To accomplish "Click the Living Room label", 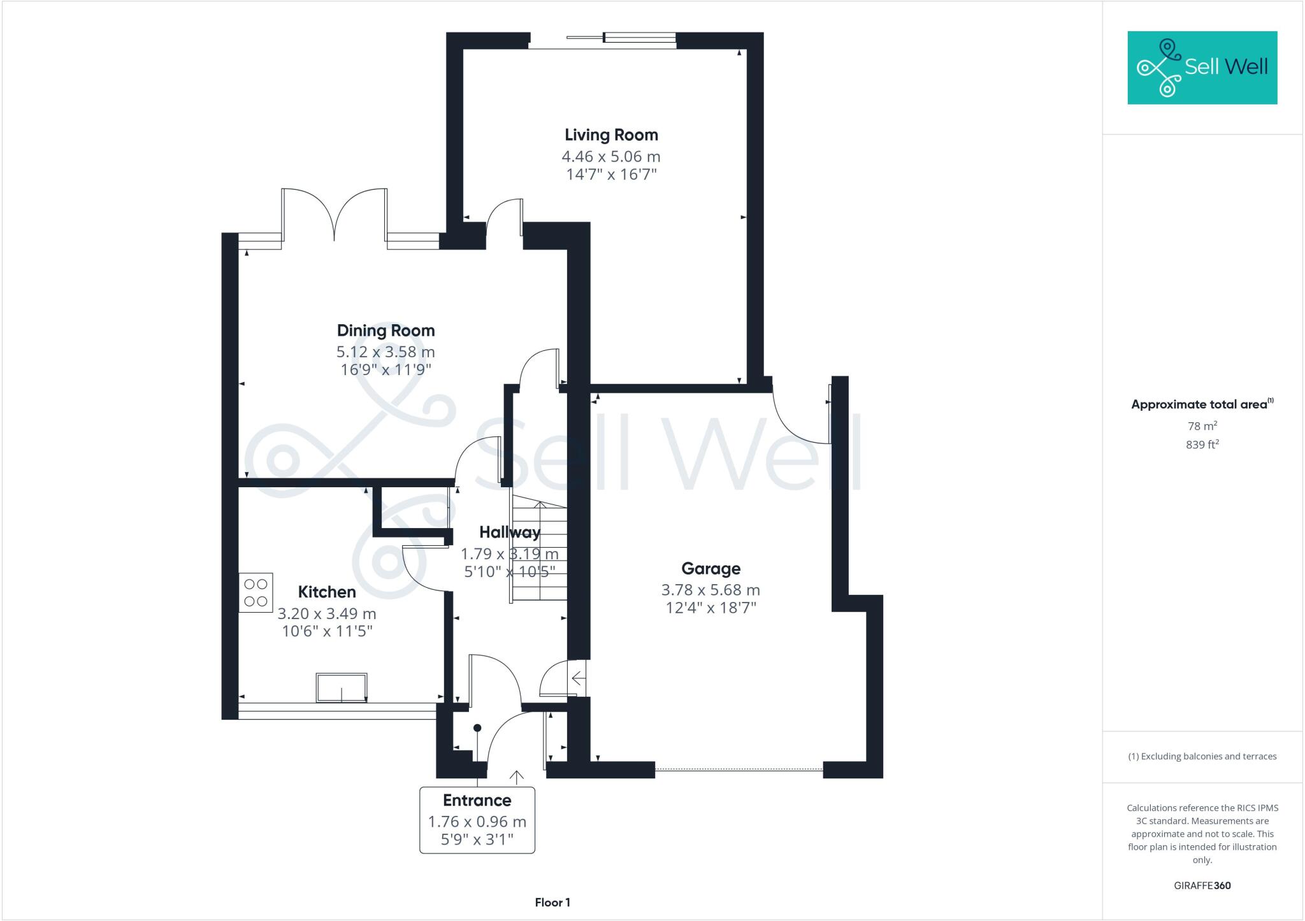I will pyautogui.click(x=610, y=135).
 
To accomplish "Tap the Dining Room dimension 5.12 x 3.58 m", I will pyautogui.click(x=386, y=352).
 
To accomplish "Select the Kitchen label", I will pyautogui.click(x=327, y=592).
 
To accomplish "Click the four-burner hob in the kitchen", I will pyautogui.click(x=256, y=592).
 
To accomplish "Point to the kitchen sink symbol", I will pyautogui.click(x=342, y=687).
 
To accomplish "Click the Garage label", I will pyautogui.click(x=710, y=568).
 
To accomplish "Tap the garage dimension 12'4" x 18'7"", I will pyautogui.click(x=710, y=608).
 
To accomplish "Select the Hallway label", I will pyautogui.click(x=509, y=532).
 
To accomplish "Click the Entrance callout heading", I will pyautogui.click(x=477, y=800).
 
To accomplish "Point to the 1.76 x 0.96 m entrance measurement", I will pyautogui.click(x=477, y=822).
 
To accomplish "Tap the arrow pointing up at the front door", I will pyautogui.click(x=516, y=776).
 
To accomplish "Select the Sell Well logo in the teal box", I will pyautogui.click(x=1202, y=68).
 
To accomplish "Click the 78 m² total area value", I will pyautogui.click(x=1202, y=426).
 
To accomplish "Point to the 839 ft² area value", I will pyautogui.click(x=1202, y=445).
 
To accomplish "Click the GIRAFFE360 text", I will pyautogui.click(x=1202, y=885).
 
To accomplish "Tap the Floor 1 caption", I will pyautogui.click(x=552, y=903).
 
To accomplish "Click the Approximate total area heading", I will pyautogui.click(x=1199, y=404).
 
